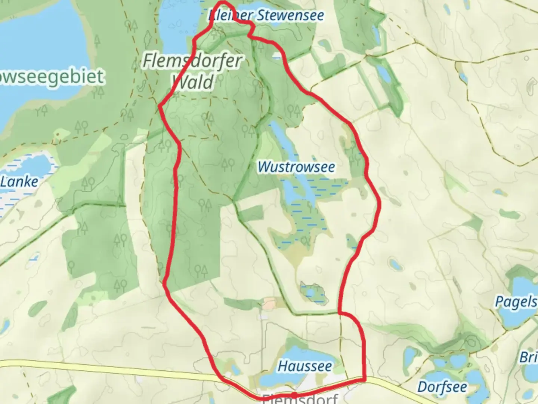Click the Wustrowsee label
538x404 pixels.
pyautogui.click(x=296, y=167)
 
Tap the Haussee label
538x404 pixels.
pyautogui.click(x=304, y=366)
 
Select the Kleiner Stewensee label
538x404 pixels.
pyautogui.click(x=266, y=16)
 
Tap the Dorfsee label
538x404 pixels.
pyautogui.click(x=442, y=387)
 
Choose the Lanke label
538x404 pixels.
pyautogui.click(x=19, y=182)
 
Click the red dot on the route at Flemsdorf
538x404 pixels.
pyautogui.click(x=294, y=394)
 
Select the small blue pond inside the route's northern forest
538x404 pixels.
pyautogui.click(x=277, y=56)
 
